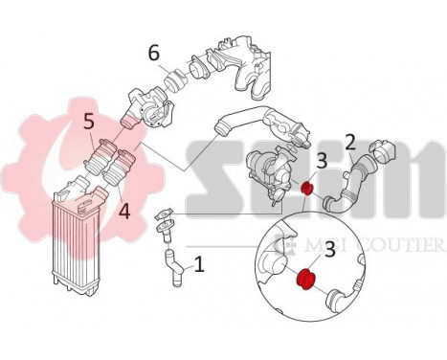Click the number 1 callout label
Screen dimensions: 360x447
[199, 263]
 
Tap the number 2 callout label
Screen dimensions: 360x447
[351, 143]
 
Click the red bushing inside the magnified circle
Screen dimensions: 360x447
[308, 280]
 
